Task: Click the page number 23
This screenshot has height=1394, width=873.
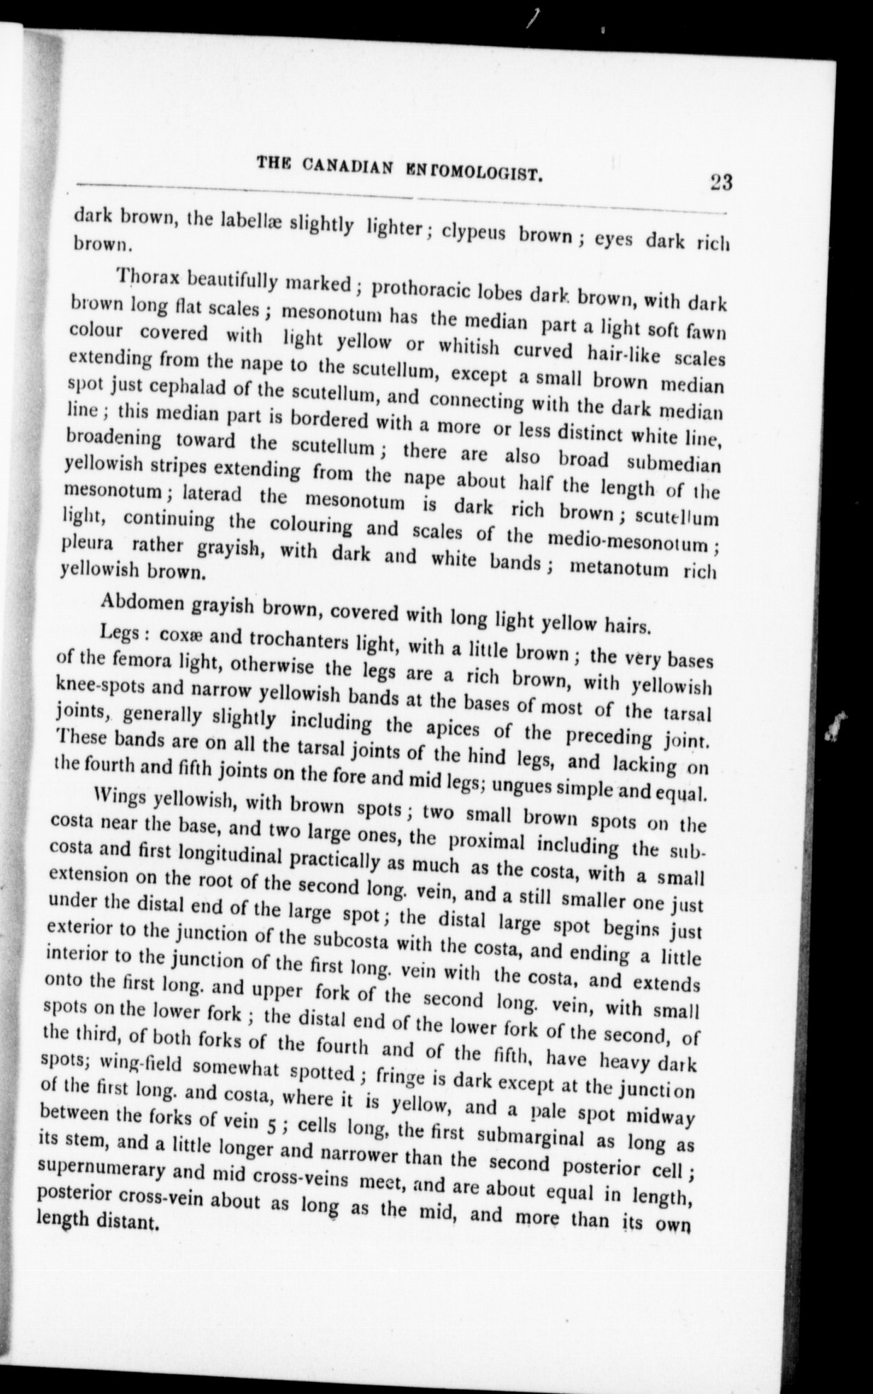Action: click(x=720, y=183)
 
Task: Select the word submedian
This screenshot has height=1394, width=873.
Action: click(x=674, y=465)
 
